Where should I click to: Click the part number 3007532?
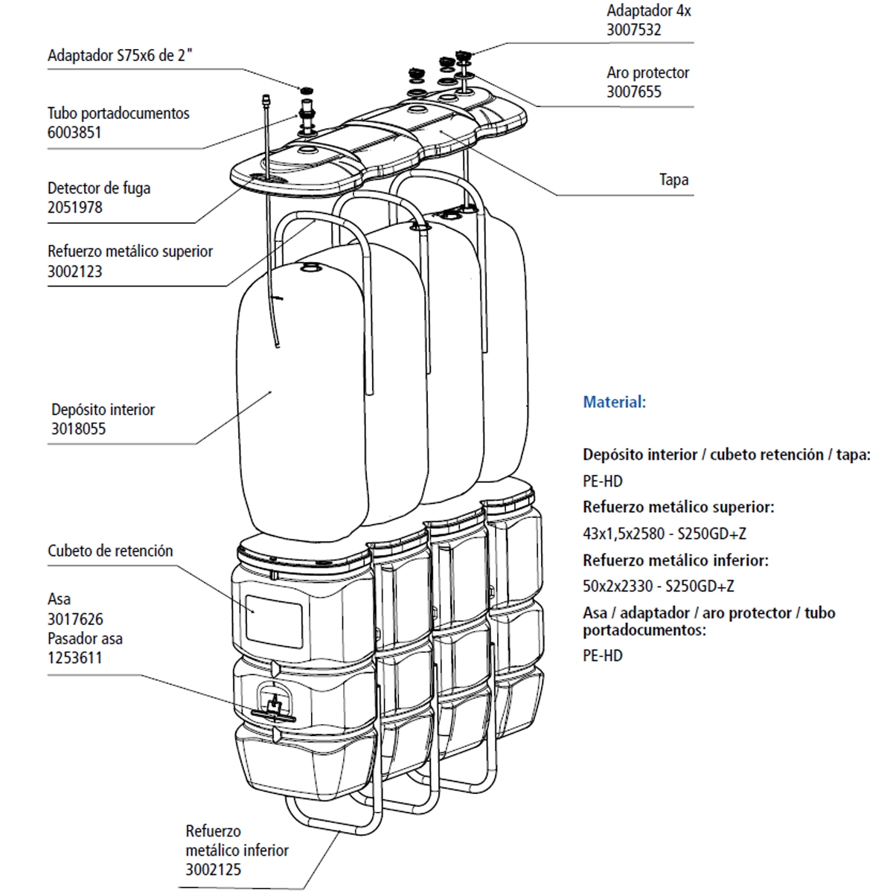point(633,31)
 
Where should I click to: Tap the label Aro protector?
point(647,73)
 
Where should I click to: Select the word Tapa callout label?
point(673,180)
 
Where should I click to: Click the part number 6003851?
point(74,133)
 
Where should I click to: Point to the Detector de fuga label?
point(99,188)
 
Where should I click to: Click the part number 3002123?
point(74,272)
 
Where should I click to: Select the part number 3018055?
point(78,429)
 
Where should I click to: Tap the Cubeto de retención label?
point(110,551)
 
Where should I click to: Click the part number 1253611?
point(74,659)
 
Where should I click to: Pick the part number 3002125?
point(213,870)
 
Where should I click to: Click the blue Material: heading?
point(614,403)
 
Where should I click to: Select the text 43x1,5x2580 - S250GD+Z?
point(664,534)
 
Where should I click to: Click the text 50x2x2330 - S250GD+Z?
point(658,586)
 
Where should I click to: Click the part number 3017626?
point(75,619)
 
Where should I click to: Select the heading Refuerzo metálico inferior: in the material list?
point(675,560)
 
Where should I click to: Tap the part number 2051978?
point(74,208)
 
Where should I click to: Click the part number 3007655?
point(633,92)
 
